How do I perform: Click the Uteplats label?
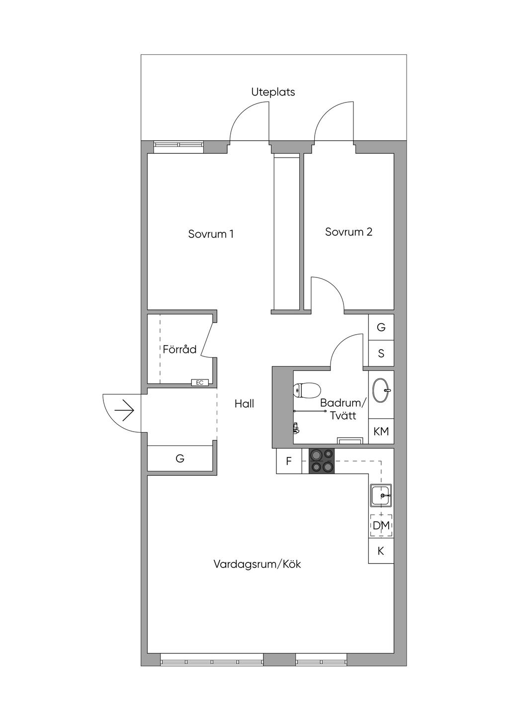273,92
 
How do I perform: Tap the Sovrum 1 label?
211,234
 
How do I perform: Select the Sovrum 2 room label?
348,232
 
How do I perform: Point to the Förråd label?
179,349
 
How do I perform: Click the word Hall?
244,404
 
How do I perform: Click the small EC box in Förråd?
199,382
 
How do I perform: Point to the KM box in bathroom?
381,431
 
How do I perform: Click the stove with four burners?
321,461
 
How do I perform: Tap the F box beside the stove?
289,461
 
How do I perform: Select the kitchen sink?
381,495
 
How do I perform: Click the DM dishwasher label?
381,526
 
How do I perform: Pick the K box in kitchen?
381,551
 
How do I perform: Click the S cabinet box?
381,353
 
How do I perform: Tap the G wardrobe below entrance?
179,458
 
